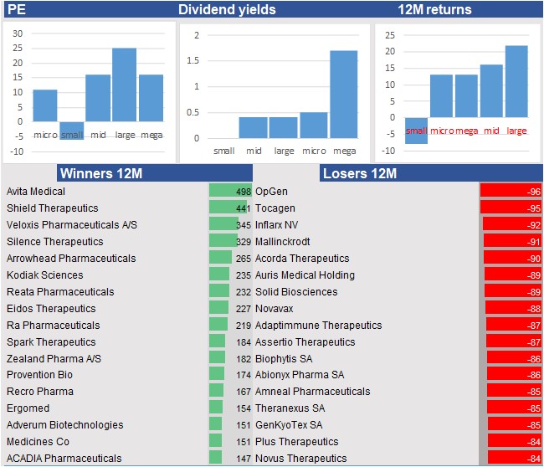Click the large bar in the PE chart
(x=124, y=85)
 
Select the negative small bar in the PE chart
(x=72, y=131)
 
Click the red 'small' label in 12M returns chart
(x=416, y=131)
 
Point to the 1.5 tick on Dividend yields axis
(x=197, y=61)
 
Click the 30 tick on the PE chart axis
(x=17, y=34)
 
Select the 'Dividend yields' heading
(x=227, y=10)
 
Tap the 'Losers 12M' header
(x=359, y=174)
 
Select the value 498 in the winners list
(x=244, y=192)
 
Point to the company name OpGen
(x=271, y=192)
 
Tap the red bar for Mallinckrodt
(x=511, y=242)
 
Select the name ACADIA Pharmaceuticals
(x=64, y=459)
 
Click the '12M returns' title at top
(x=434, y=10)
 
